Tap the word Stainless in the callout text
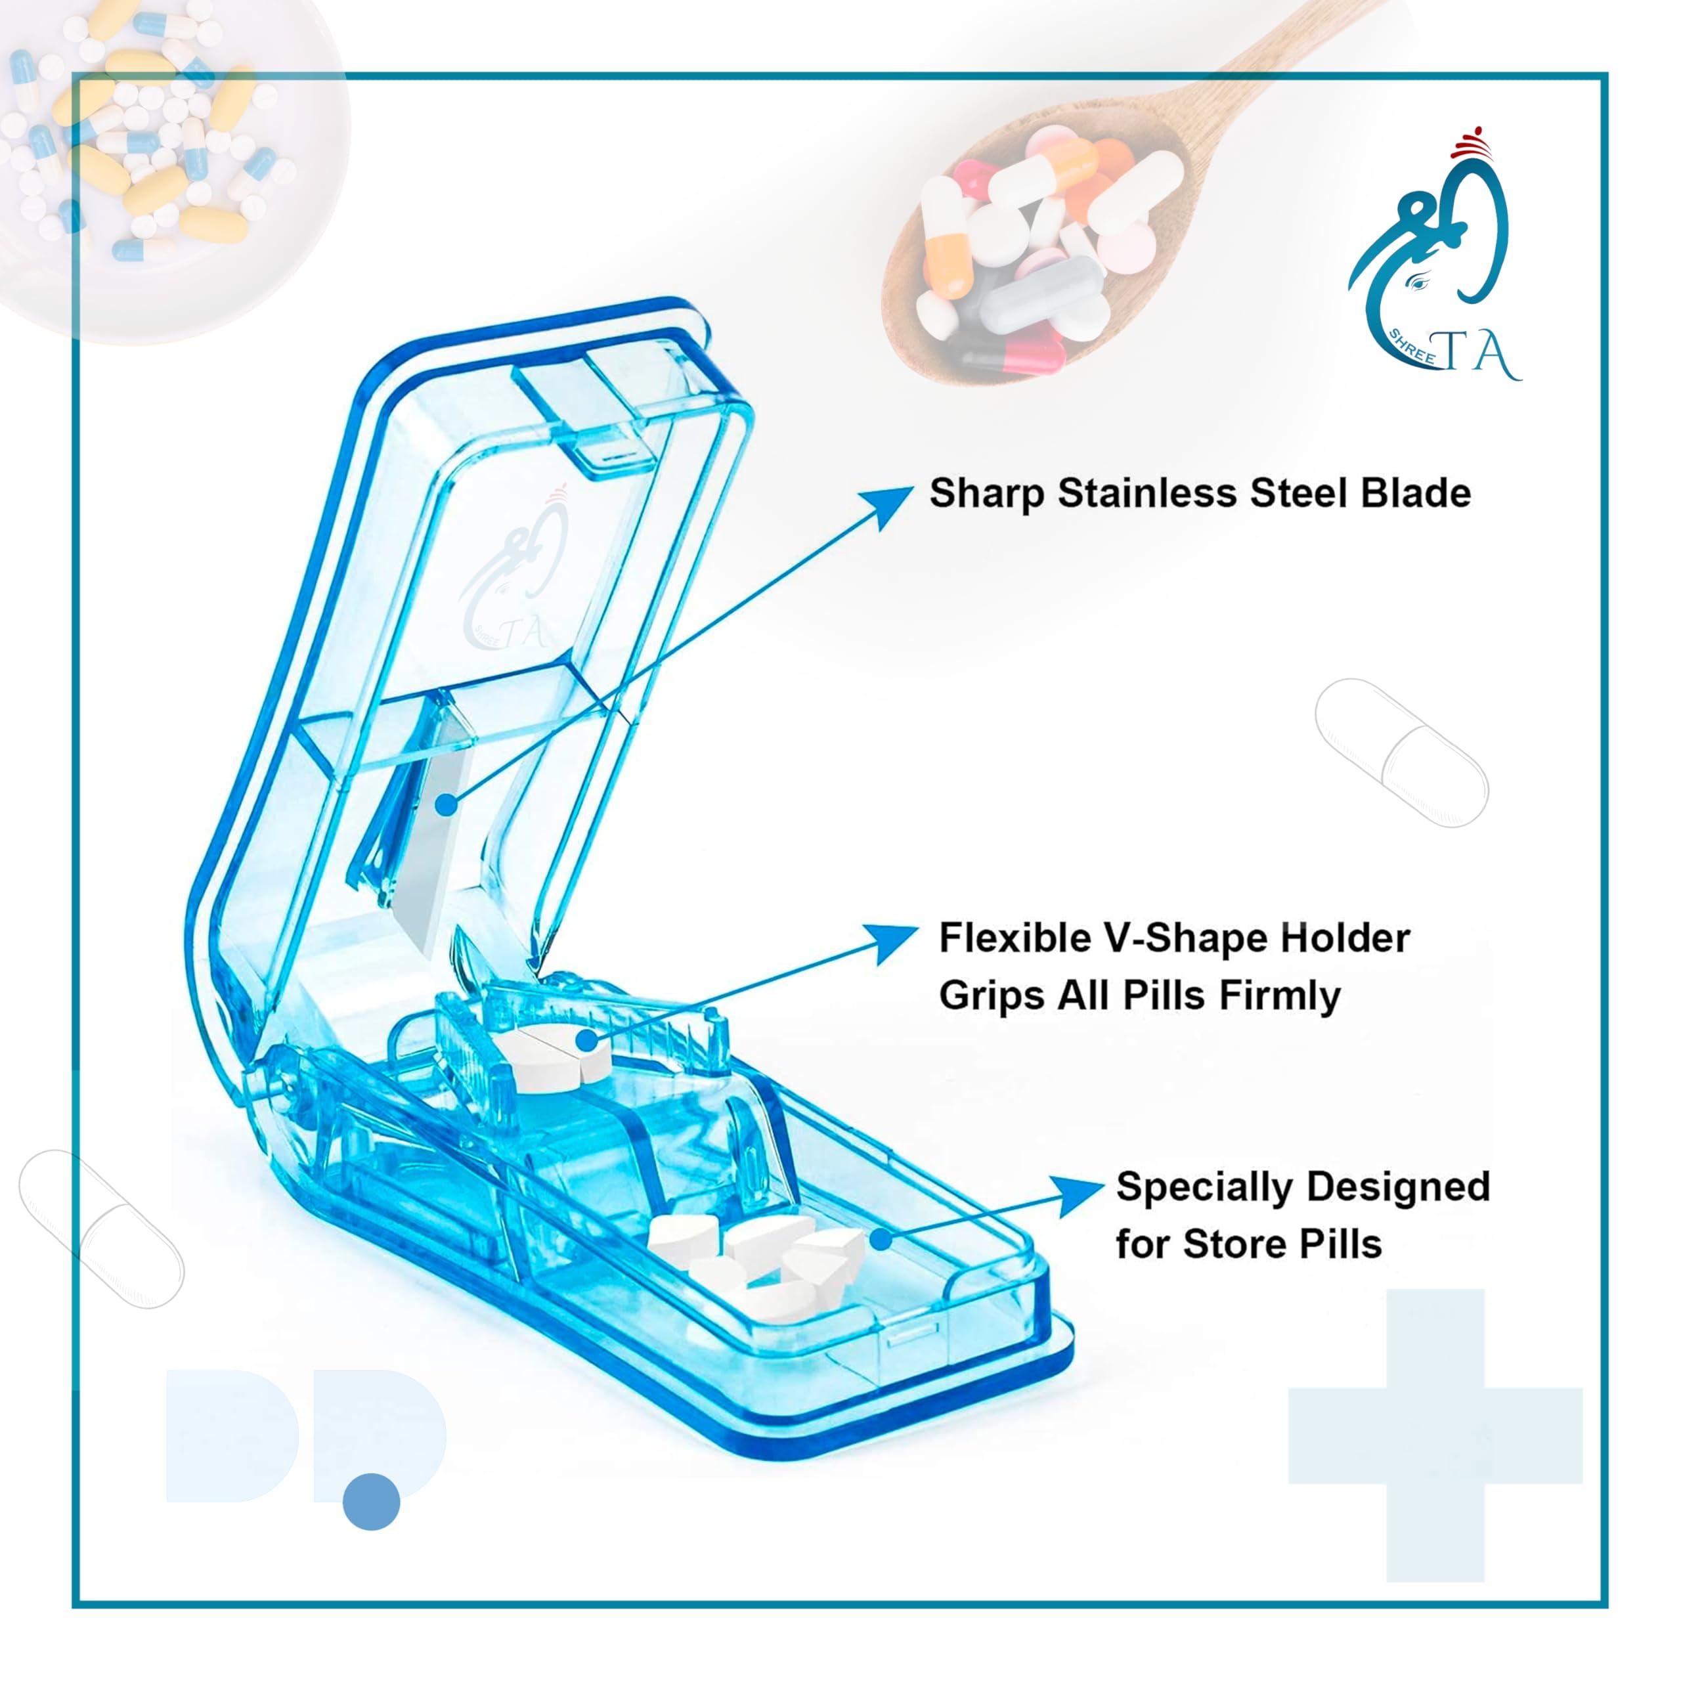[x=1148, y=493]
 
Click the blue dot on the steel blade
[x=445, y=805]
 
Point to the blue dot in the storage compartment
[x=881, y=1239]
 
